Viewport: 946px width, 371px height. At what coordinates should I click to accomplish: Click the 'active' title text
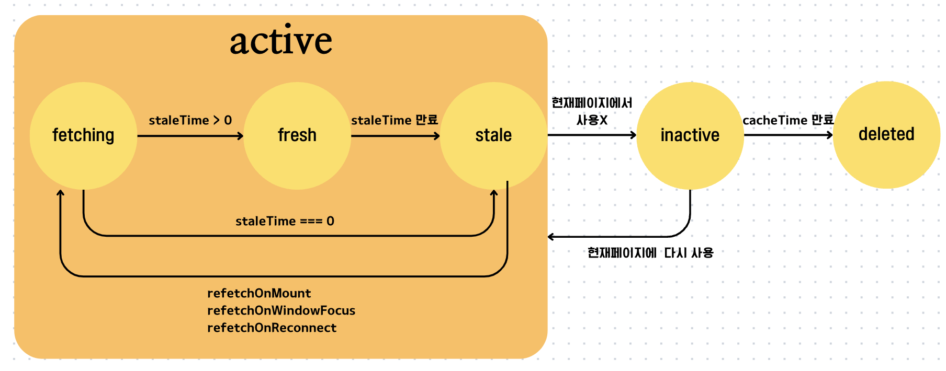(281, 40)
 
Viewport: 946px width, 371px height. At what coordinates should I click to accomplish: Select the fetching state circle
(83, 135)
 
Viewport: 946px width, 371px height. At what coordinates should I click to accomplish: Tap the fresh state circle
(297, 135)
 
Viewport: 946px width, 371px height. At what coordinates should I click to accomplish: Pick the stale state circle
(493, 135)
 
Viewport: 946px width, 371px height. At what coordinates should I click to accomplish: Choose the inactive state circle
(690, 135)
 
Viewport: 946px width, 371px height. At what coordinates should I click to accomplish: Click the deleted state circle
(886, 134)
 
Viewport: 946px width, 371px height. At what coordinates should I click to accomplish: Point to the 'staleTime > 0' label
(190, 120)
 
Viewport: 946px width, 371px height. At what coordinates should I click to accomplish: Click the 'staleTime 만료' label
(395, 120)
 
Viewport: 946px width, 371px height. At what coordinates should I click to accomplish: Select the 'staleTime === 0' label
(285, 221)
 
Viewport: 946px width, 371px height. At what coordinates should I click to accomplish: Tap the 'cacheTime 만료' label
(787, 120)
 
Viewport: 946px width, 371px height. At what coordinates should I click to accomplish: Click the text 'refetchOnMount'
(259, 293)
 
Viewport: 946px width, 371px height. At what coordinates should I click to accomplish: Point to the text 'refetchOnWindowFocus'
(281, 310)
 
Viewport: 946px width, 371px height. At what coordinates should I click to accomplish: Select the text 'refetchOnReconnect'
(272, 328)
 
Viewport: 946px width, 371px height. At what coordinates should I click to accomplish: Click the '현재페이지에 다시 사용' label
(650, 253)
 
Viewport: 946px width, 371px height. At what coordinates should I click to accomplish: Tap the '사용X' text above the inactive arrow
(592, 120)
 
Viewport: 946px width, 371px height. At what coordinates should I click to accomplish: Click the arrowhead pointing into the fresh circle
(240, 136)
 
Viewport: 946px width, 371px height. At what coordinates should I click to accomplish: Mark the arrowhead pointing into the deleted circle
(829, 135)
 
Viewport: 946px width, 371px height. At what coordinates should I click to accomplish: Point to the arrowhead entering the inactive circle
(633, 135)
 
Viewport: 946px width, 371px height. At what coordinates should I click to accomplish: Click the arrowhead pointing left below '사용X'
(551, 237)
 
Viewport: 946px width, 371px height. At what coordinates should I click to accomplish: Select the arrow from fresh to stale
(395, 136)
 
